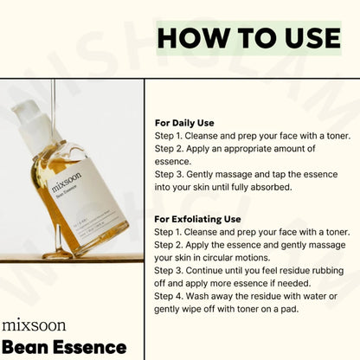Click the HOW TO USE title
[248, 38]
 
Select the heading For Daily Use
[183, 123]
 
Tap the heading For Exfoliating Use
[197, 219]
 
